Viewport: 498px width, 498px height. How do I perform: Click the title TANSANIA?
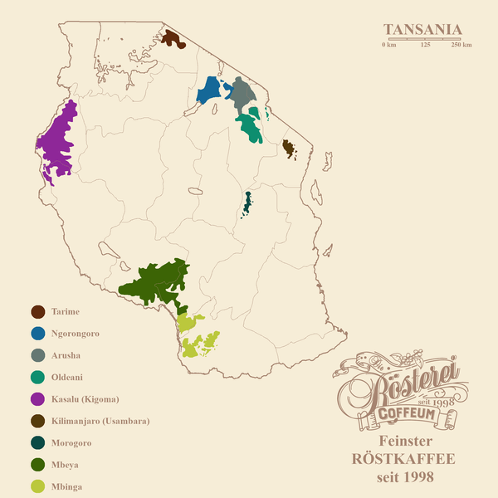[422, 30]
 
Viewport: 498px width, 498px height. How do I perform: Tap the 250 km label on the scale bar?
[461, 45]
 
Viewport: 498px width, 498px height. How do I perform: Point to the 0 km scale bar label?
[388, 45]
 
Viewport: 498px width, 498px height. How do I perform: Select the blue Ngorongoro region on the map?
[209, 90]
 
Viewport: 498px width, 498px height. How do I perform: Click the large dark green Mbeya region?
[158, 282]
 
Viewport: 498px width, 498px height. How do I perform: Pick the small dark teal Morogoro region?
[247, 203]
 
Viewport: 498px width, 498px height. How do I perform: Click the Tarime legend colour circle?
[37, 312]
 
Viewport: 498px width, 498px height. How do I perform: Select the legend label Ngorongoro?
[76, 334]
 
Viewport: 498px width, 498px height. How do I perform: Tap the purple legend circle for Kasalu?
[37, 399]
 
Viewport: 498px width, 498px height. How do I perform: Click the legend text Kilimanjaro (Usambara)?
[100, 422]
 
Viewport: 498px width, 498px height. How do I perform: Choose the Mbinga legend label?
[66, 486]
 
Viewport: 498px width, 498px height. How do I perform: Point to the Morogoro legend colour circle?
[37, 443]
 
